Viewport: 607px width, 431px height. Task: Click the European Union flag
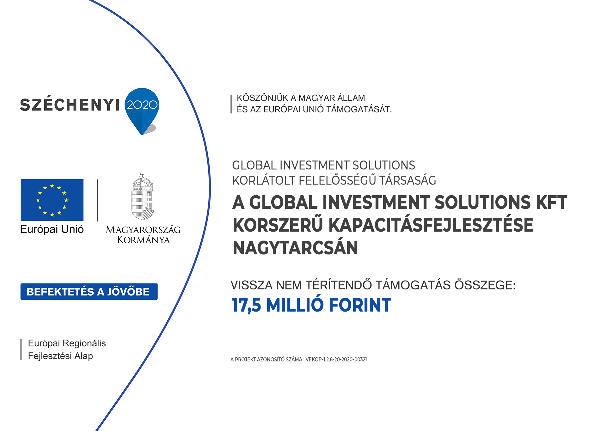coord(52,200)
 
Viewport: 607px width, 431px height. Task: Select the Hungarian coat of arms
coord(143,197)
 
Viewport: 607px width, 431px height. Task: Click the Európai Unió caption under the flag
coord(52,229)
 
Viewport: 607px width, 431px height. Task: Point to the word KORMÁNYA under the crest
coord(144,240)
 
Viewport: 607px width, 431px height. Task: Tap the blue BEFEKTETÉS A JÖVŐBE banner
coord(89,292)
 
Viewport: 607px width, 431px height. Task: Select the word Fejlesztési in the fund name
coord(50,356)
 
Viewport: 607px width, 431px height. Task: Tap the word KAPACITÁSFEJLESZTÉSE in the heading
coord(431,225)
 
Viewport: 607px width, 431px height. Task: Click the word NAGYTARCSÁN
coord(295,248)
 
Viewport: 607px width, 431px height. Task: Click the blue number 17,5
coord(247,306)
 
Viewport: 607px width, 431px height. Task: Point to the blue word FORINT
coord(360,305)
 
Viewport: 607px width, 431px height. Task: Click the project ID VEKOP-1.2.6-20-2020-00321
coord(336,360)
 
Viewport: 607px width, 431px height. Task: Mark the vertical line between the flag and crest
coord(98,200)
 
